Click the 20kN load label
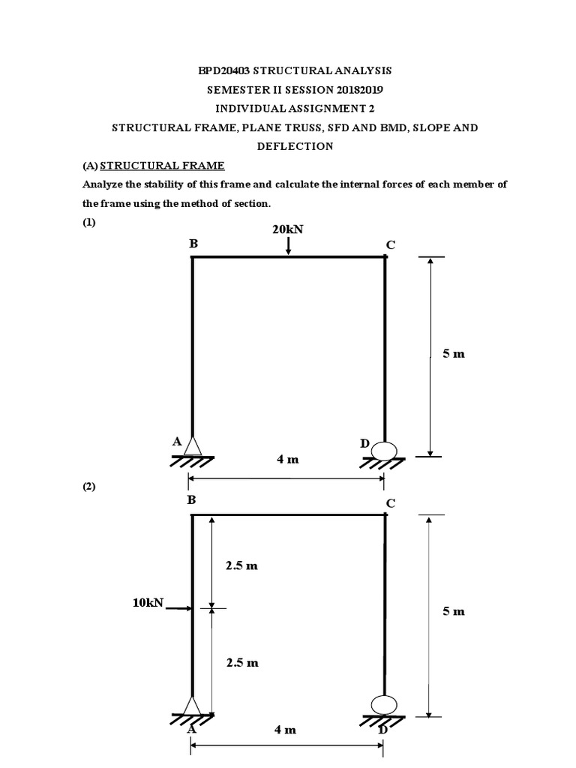(288, 229)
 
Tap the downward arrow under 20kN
(289, 246)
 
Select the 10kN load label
(148, 602)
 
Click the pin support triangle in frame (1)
(193, 445)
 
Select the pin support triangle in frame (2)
(192, 705)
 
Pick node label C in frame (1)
(389, 244)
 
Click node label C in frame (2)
(389, 502)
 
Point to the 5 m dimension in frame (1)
(453, 353)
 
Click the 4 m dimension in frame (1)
(287, 459)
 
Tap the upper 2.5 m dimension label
(241, 565)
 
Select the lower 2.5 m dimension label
(241, 662)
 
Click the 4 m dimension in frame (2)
(286, 729)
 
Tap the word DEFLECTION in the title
(295, 146)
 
